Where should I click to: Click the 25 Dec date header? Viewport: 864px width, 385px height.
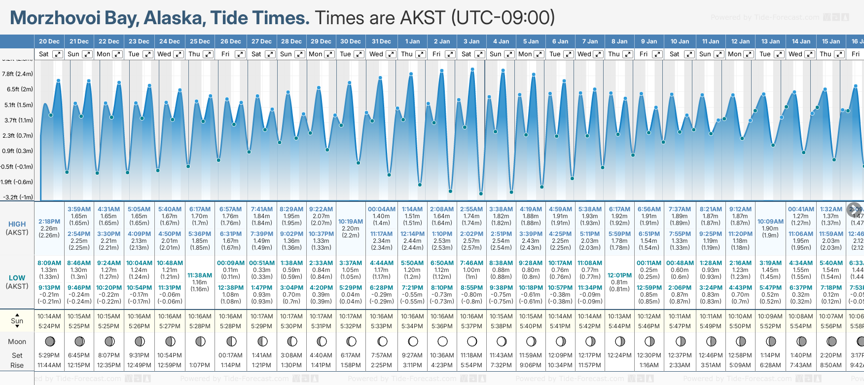[200, 41]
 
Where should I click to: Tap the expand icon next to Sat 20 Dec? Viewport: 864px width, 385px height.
[58, 54]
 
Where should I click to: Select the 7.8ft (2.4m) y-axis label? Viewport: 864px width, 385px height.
[17, 74]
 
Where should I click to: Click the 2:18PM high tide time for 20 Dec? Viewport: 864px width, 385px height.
[49, 222]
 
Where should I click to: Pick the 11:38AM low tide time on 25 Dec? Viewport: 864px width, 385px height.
[200, 275]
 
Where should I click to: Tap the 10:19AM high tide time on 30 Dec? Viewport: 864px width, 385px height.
[351, 222]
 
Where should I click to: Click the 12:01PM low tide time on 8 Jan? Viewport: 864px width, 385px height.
[619, 275]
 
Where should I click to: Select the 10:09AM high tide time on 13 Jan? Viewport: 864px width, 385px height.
[770, 222]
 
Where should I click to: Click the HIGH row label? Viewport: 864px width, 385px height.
[17, 224]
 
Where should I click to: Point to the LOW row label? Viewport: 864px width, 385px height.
[17, 278]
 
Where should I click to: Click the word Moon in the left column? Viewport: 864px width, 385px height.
[17, 342]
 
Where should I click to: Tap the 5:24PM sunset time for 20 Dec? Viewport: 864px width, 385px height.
[49, 326]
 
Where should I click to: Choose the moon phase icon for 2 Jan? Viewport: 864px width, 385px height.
[442, 341]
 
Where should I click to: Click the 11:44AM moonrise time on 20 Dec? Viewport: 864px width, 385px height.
[49, 365]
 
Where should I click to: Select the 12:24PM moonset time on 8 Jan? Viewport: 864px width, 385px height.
[619, 355]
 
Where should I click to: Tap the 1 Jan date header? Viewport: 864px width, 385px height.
[412, 41]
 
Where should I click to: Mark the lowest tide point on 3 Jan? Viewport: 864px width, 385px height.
[481, 193]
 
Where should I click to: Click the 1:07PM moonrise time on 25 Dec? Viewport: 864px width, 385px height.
[200, 365]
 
